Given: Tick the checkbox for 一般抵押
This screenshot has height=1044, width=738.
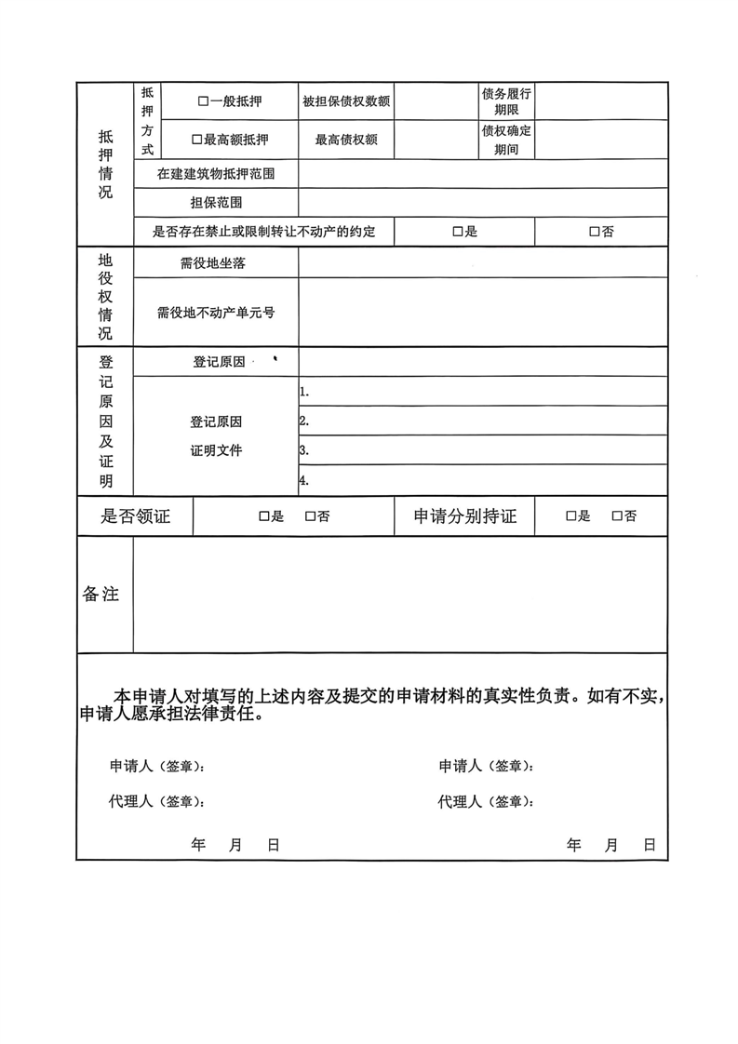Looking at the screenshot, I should click(x=202, y=100).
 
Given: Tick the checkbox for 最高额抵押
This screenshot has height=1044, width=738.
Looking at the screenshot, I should click(x=196, y=140).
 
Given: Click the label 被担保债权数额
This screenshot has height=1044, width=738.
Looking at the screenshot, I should click(x=345, y=100).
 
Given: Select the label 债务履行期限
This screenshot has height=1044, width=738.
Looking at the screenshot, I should click(x=506, y=100).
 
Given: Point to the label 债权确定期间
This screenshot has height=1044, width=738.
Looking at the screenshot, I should click(x=506, y=140).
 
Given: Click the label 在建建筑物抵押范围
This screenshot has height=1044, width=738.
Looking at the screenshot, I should click(x=216, y=173).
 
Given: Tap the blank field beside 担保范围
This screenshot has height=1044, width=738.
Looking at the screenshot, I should click(x=482, y=202).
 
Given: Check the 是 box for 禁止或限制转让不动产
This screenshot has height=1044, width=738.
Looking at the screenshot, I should click(x=458, y=232).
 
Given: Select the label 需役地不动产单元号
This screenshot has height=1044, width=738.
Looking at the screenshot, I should click(x=216, y=313).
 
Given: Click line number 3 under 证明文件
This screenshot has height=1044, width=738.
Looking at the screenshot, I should click(x=304, y=450).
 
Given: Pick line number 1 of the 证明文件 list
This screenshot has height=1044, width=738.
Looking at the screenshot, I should click(x=304, y=392).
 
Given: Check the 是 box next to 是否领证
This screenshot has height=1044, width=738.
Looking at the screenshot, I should click(x=263, y=516).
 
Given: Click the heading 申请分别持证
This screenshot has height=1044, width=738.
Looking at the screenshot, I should click(x=465, y=516).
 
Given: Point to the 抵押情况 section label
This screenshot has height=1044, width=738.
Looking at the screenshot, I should click(x=105, y=164).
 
